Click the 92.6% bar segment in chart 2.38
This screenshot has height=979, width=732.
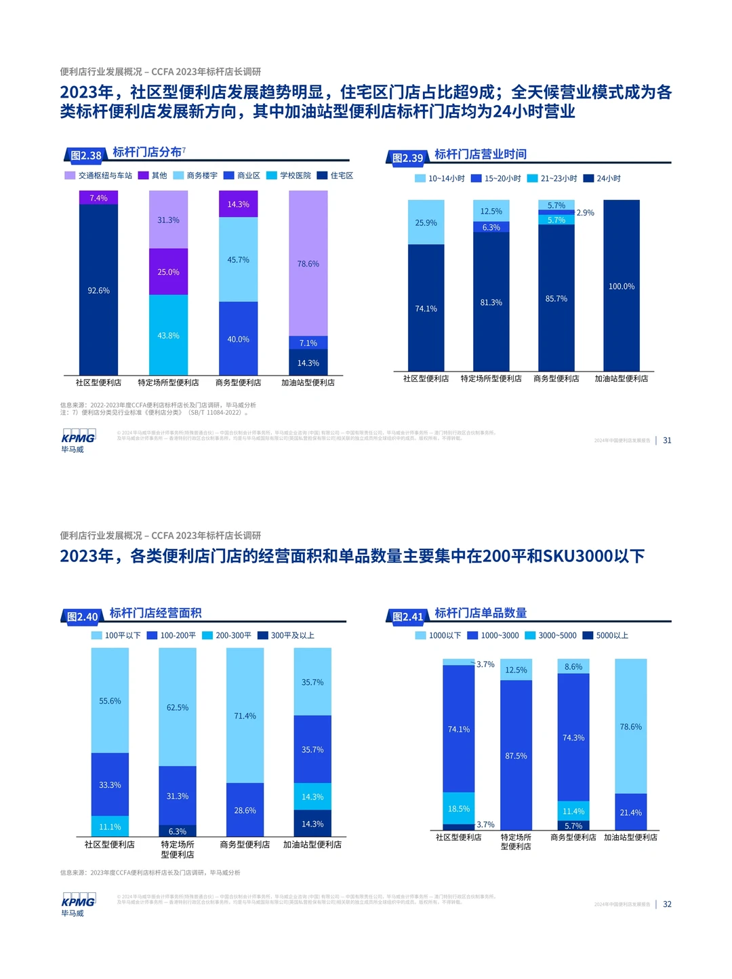click(98, 290)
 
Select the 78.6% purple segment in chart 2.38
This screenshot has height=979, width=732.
click(308, 263)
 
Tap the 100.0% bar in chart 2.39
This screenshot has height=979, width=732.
click(622, 286)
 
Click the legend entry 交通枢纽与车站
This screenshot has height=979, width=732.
click(99, 176)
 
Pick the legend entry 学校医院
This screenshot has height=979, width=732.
click(289, 176)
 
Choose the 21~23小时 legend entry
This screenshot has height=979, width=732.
click(552, 178)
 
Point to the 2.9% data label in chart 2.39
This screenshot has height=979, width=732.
click(585, 213)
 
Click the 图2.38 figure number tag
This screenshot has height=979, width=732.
click(85, 155)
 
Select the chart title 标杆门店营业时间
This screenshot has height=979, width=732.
click(481, 155)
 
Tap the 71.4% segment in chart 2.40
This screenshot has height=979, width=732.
click(245, 715)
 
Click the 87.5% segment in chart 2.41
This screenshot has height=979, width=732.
click(516, 755)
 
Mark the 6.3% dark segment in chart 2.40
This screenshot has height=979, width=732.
click(178, 831)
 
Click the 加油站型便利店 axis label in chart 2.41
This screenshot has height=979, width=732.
click(630, 837)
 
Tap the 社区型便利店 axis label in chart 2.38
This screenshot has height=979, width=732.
click(98, 382)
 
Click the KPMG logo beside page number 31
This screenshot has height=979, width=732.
click(77, 440)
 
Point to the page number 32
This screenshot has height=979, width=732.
click(667, 904)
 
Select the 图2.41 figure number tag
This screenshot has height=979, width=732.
click(408, 616)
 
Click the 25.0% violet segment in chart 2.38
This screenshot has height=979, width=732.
click(168, 272)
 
